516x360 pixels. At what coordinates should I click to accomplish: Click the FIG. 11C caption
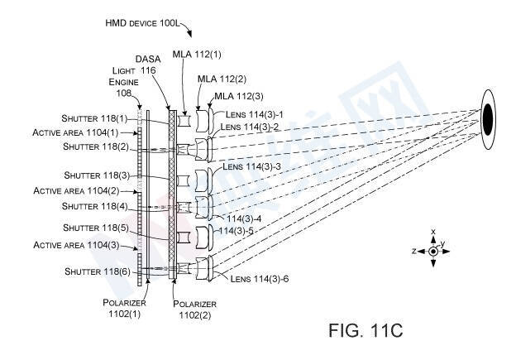tap(365, 330)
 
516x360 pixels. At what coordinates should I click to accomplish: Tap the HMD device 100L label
tap(142, 23)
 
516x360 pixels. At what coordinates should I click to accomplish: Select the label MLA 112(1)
tap(197, 54)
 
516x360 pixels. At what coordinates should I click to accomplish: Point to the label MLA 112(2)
tap(222, 79)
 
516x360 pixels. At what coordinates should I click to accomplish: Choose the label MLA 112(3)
tap(239, 96)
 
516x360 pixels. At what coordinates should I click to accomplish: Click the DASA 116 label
tap(148, 65)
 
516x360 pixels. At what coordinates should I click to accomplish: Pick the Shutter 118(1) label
tap(94, 118)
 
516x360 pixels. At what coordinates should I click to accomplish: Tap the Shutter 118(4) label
tap(95, 206)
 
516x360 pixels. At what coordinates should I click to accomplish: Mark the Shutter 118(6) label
tap(98, 271)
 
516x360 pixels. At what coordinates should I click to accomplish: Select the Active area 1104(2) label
tap(76, 190)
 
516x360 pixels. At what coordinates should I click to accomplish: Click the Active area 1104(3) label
tap(76, 245)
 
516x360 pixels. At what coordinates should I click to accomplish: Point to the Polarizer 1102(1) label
tap(124, 308)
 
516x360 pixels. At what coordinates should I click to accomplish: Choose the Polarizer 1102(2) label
tap(195, 310)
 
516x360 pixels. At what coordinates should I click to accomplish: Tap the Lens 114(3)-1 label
tap(255, 114)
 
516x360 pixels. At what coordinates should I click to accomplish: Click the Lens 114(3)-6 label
tap(260, 279)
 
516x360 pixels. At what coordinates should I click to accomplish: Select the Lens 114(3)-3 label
tap(251, 166)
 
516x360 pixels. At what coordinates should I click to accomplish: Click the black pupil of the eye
tap(488, 119)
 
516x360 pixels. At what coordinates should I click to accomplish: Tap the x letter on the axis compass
tap(433, 232)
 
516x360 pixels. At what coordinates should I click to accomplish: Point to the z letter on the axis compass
tap(414, 251)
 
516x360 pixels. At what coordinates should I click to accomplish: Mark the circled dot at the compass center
tap(433, 252)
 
